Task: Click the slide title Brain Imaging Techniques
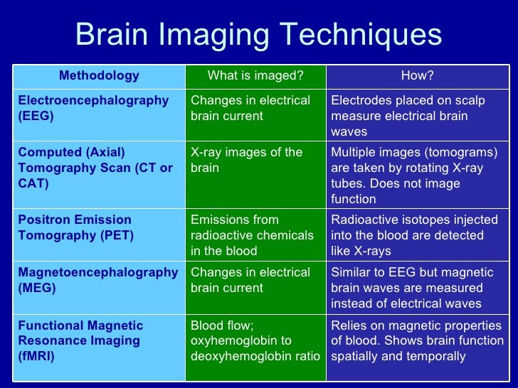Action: click(x=258, y=34)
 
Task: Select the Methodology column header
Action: click(x=99, y=75)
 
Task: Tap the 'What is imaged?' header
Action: click(x=255, y=75)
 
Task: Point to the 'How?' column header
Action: click(x=417, y=75)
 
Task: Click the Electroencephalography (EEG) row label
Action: click(x=93, y=108)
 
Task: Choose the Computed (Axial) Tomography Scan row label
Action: click(x=95, y=168)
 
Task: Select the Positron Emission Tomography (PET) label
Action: click(x=75, y=227)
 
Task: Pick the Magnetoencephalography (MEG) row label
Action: click(x=98, y=280)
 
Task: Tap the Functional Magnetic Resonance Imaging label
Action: click(x=80, y=340)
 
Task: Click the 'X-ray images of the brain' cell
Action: click(x=247, y=160)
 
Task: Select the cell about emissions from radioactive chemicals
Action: click(x=252, y=235)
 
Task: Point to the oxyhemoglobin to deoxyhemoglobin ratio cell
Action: click(x=255, y=340)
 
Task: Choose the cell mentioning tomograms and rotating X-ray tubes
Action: click(x=415, y=176)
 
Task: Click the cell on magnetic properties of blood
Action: click(x=417, y=340)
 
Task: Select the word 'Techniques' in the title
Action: click(x=359, y=34)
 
